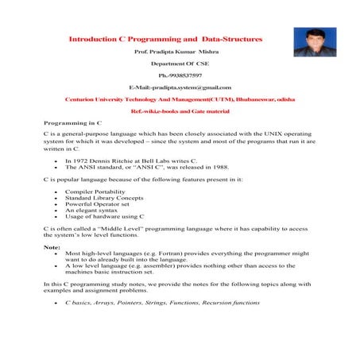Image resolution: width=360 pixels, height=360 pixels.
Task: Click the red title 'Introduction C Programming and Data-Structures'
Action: (x=165, y=38)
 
